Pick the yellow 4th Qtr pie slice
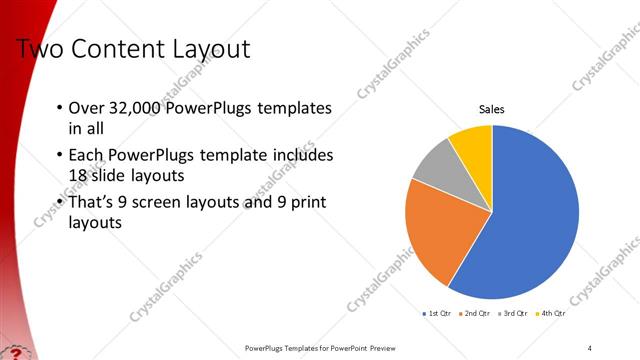tap(473, 146)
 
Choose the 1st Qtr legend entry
tap(437, 313)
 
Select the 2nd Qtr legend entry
tap(475, 313)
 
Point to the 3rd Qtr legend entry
tap(514, 313)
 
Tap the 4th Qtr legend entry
tap(552, 313)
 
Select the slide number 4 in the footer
tap(590, 347)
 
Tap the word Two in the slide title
tap(41, 48)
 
